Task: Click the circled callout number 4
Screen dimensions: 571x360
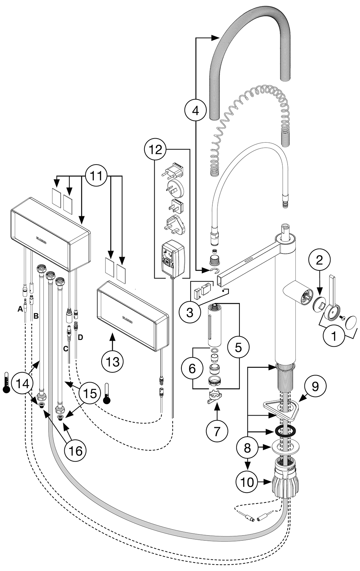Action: click(x=195, y=111)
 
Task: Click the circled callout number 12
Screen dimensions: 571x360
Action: click(x=155, y=150)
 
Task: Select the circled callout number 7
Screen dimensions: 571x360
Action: click(x=216, y=430)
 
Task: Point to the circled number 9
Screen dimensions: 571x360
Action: click(x=315, y=386)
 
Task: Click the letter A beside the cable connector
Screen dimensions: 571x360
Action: click(x=20, y=309)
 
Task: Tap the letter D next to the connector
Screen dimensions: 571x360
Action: click(x=80, y=338)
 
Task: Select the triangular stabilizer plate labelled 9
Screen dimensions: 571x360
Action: click(x=279, y=409)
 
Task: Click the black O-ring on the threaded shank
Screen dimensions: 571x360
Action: click(x=285, y=431)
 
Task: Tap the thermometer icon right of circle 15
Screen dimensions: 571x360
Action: click(x=107, y=394)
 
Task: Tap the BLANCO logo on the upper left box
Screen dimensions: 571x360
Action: click(x=42, y=239)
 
